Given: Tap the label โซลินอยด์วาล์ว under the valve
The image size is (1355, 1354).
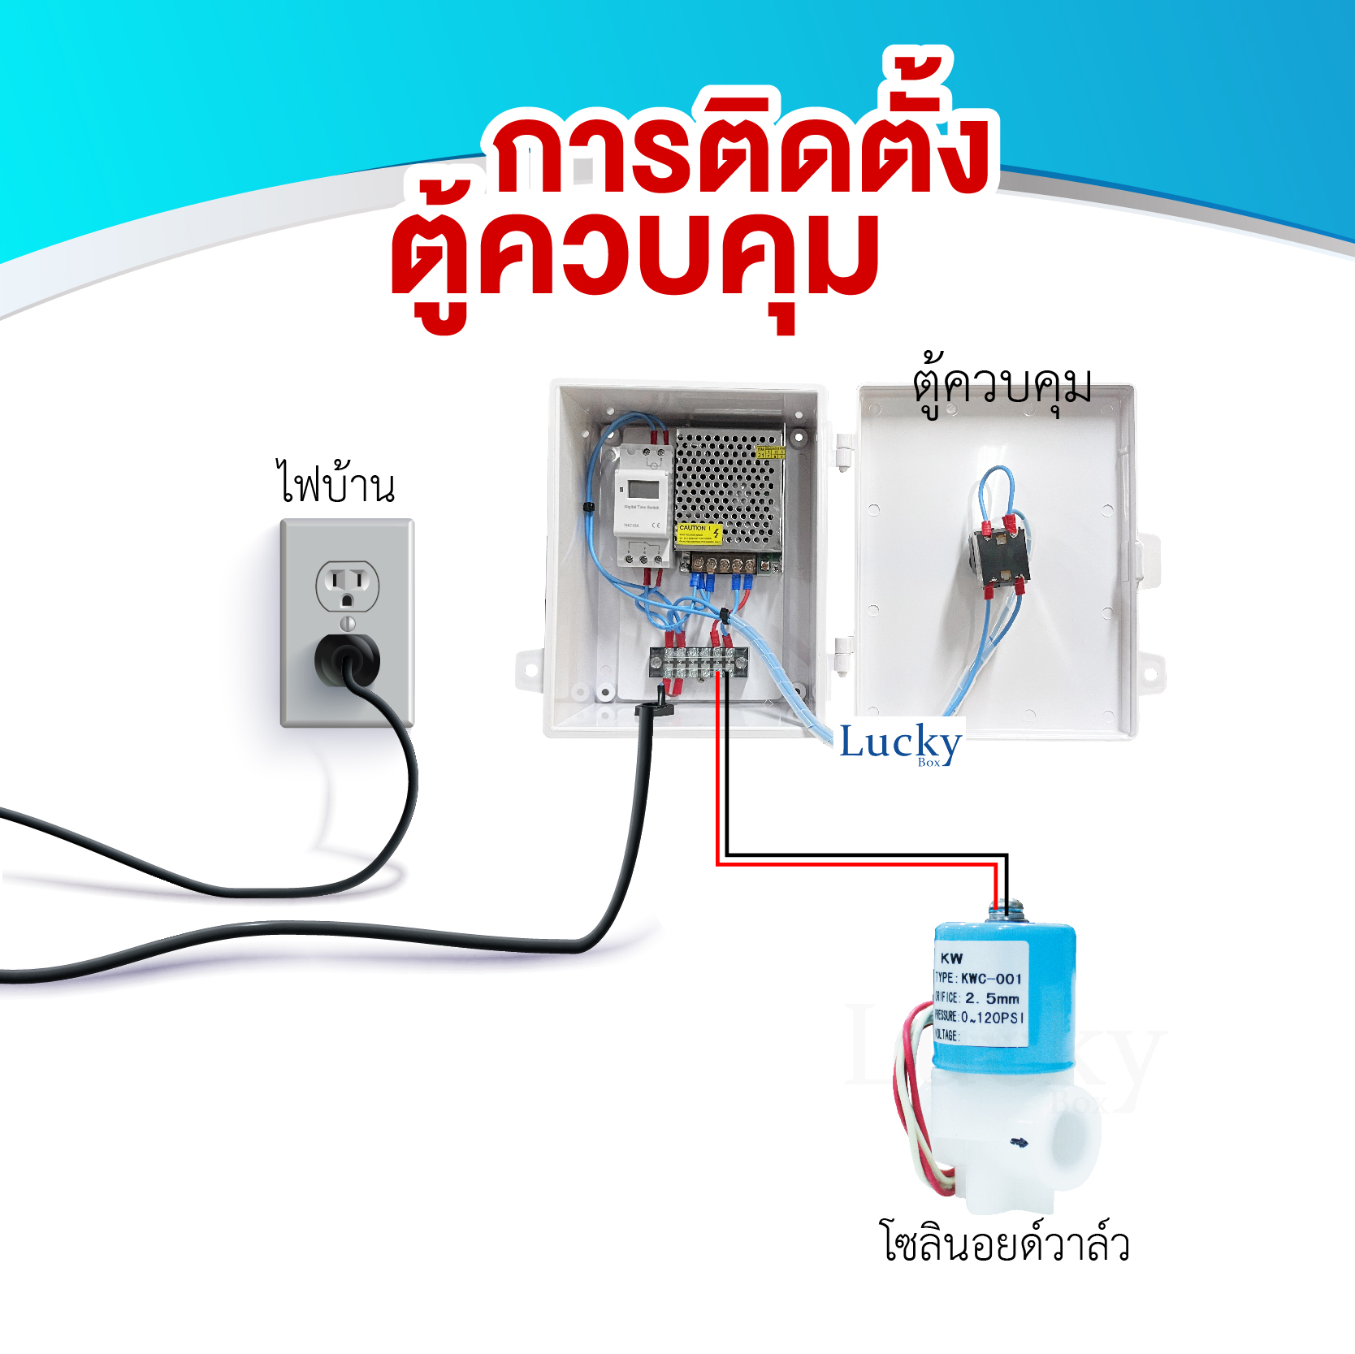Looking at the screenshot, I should pos(1006,1243).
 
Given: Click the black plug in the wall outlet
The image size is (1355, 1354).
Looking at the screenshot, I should pos(347,660).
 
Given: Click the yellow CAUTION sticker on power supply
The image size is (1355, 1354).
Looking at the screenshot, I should pos(699,534).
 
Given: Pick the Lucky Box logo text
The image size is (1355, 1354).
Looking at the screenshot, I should pos(900,742).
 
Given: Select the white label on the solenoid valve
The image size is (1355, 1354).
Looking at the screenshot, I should pos(981,996).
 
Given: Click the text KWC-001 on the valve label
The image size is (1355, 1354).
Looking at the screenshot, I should pos(992,979).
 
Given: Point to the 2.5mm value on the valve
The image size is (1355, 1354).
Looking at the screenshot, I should pos(992,998).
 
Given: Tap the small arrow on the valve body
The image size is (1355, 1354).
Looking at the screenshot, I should pos(1019,1143).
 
